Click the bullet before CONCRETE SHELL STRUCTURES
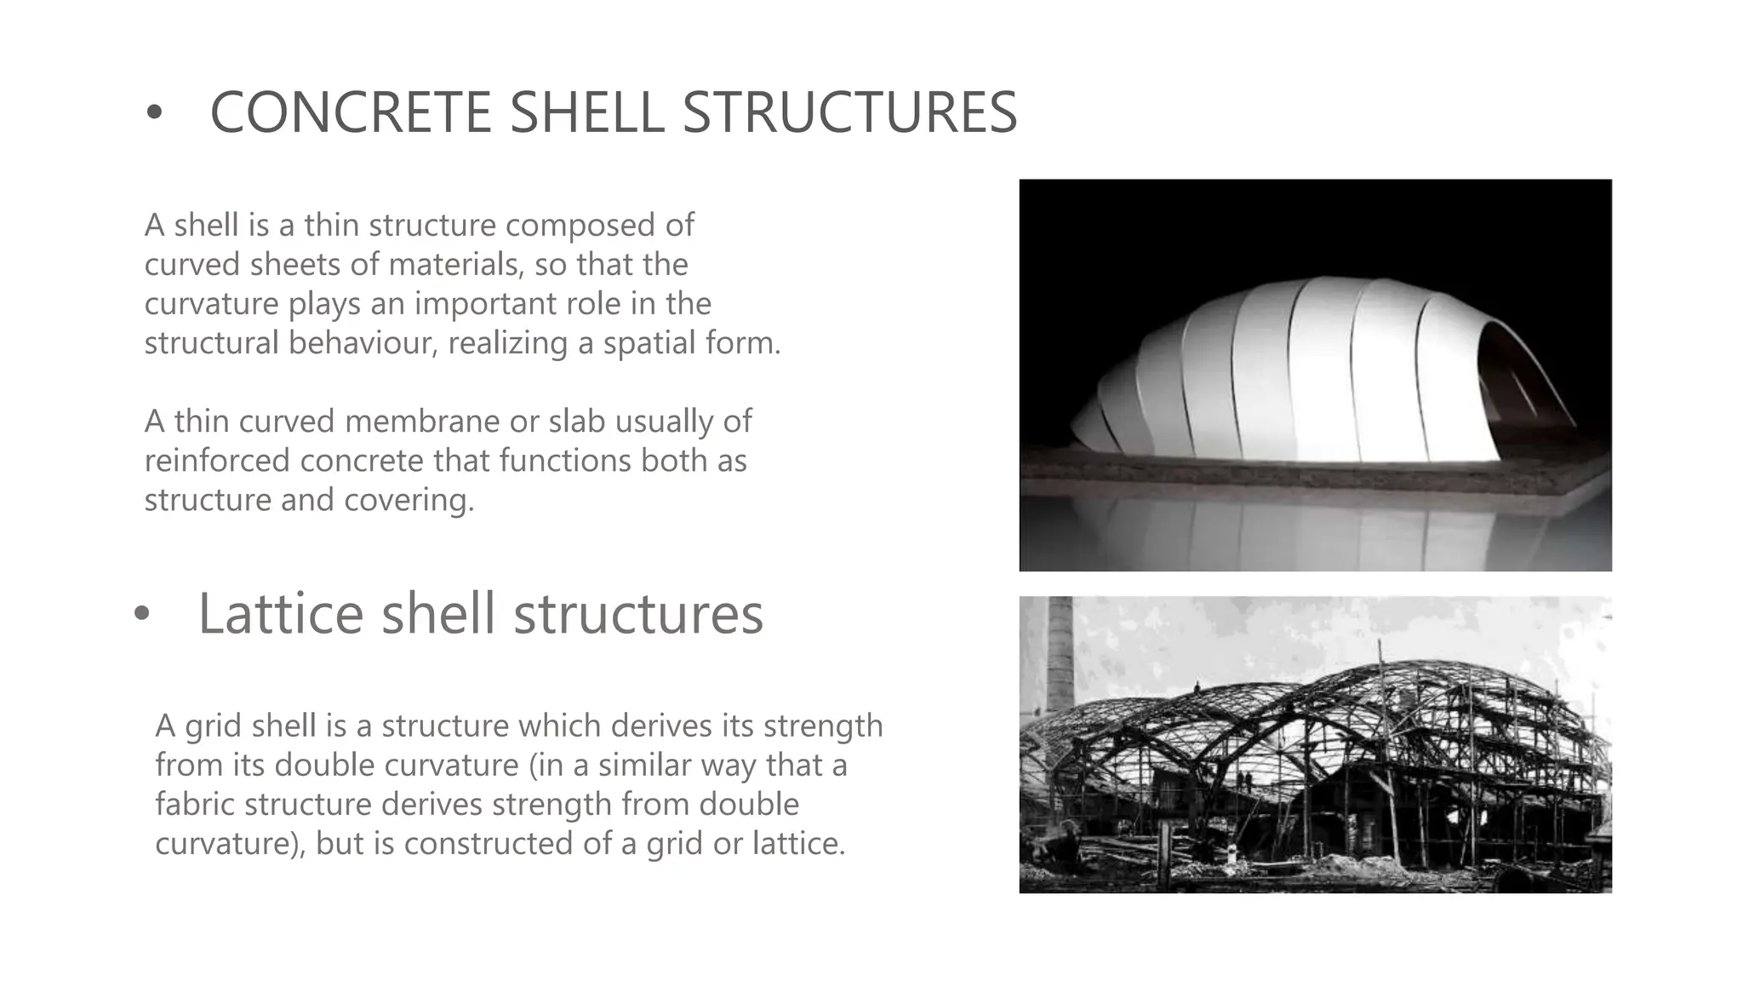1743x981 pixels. coord(153,114)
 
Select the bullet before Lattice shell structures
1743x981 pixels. coord(141,614)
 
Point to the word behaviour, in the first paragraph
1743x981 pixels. coord(363,343)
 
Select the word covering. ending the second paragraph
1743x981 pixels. coord(409,500)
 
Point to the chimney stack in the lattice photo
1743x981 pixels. coord(1059,656)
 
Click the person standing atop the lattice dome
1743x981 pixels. coord(1197,686)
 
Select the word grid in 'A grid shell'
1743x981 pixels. coord(205,727)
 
